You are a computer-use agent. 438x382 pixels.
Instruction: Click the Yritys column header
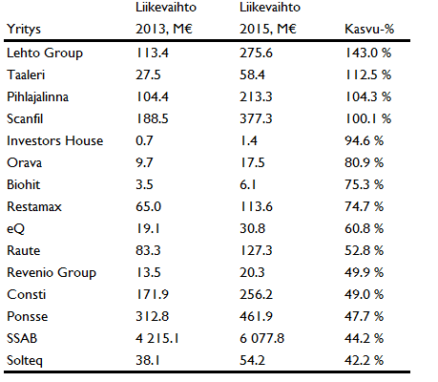24,30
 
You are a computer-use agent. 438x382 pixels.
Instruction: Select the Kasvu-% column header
369,29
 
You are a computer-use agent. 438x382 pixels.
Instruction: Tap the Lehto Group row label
45,53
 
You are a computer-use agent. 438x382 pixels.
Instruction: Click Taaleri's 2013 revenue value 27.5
148,74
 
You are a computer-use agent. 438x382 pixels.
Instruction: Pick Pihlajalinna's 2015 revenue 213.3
256,96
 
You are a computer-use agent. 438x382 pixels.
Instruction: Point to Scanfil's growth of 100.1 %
368,118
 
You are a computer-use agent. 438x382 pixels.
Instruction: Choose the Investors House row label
55,140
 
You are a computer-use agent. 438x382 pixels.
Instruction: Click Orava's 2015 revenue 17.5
253,162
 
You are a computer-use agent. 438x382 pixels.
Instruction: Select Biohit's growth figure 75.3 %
365,184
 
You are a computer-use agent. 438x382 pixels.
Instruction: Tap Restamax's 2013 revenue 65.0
149,206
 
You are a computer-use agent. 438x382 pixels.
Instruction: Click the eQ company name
15,229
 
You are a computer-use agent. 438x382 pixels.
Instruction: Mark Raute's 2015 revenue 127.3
257,250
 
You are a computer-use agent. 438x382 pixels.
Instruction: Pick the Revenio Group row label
52,273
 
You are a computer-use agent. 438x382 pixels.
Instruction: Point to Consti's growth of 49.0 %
365,294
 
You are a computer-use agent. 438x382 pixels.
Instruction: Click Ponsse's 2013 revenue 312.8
152,316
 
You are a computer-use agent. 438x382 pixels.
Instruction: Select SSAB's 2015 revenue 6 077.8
261,338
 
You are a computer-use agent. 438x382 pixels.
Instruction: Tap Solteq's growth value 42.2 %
365,360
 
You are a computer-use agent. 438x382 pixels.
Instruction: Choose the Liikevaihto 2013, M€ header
166,18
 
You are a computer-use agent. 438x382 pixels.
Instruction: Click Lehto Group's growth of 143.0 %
368,53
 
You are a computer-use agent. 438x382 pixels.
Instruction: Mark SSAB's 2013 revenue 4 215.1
157,338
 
